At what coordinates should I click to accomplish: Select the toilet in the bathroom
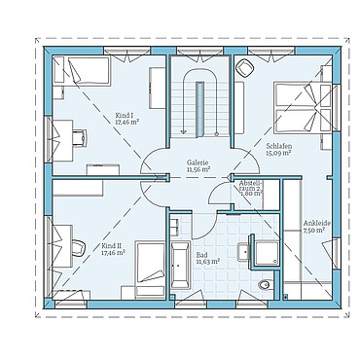click(266, 285)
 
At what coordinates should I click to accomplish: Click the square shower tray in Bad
click(265, 250)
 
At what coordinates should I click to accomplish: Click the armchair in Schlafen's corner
click(242, 67)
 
